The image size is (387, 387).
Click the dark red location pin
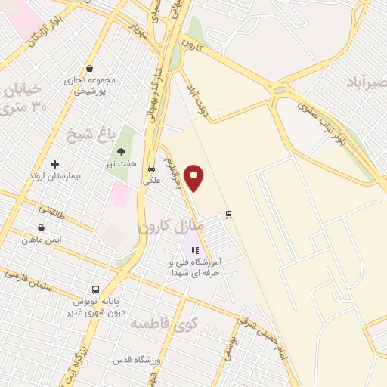[195, 177]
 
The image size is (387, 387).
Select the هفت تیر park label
[122, 163]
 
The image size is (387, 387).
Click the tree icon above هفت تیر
[122, 151]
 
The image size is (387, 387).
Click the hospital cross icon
[54, 164]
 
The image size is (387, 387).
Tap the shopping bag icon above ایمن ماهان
[41, 228]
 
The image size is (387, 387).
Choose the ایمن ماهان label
[41, 240]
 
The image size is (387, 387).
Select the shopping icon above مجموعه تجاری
[89, 68]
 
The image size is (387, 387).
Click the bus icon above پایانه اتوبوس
[94, 289]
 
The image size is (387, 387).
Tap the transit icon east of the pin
[228, 214]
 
